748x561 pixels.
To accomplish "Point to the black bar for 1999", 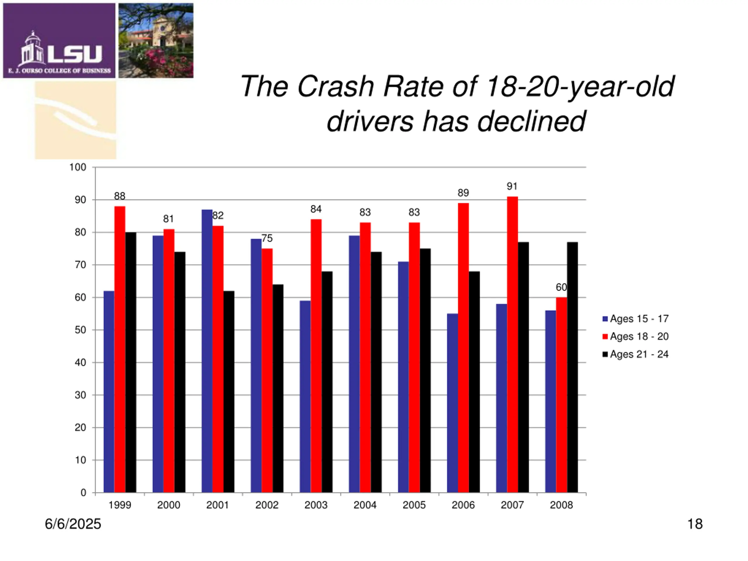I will pos(131,362).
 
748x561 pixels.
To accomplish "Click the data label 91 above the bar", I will pos(512,186).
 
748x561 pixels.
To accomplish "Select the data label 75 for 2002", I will pos(267,238).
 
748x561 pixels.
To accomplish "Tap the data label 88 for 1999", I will pos(120,196).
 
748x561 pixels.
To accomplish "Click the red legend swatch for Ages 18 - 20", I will pos(605,337).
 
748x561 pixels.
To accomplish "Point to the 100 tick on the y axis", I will pos(78,167).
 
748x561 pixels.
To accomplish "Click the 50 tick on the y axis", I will pos(80,330).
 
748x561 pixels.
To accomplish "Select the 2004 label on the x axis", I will pos(365,505).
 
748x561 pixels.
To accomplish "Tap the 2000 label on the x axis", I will pos(169,505).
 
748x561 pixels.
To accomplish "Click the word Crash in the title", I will pos(335,86).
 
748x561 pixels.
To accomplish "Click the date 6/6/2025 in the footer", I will pos(73,524).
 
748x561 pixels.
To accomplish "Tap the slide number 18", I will pos(695,524).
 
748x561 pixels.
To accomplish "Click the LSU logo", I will pos(60,41).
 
